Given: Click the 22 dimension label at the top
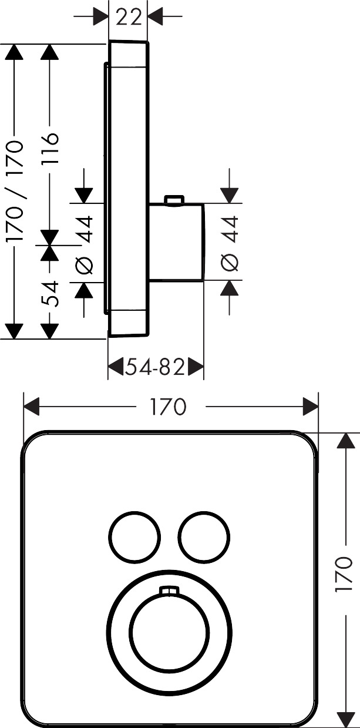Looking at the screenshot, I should (x=129, y=17).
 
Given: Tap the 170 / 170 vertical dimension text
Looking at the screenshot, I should (x=14, y=192).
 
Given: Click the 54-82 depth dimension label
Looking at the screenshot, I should (x=155, y=368).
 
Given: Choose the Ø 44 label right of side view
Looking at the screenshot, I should (x=230, y=243).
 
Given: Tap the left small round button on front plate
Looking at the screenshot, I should (x=134, y=536).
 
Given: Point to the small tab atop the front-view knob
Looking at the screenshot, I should (x=169, y=590).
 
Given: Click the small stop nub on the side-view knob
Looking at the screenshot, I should (x=173, y=201).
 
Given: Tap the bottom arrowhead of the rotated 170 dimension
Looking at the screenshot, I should (x=344, y=717).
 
